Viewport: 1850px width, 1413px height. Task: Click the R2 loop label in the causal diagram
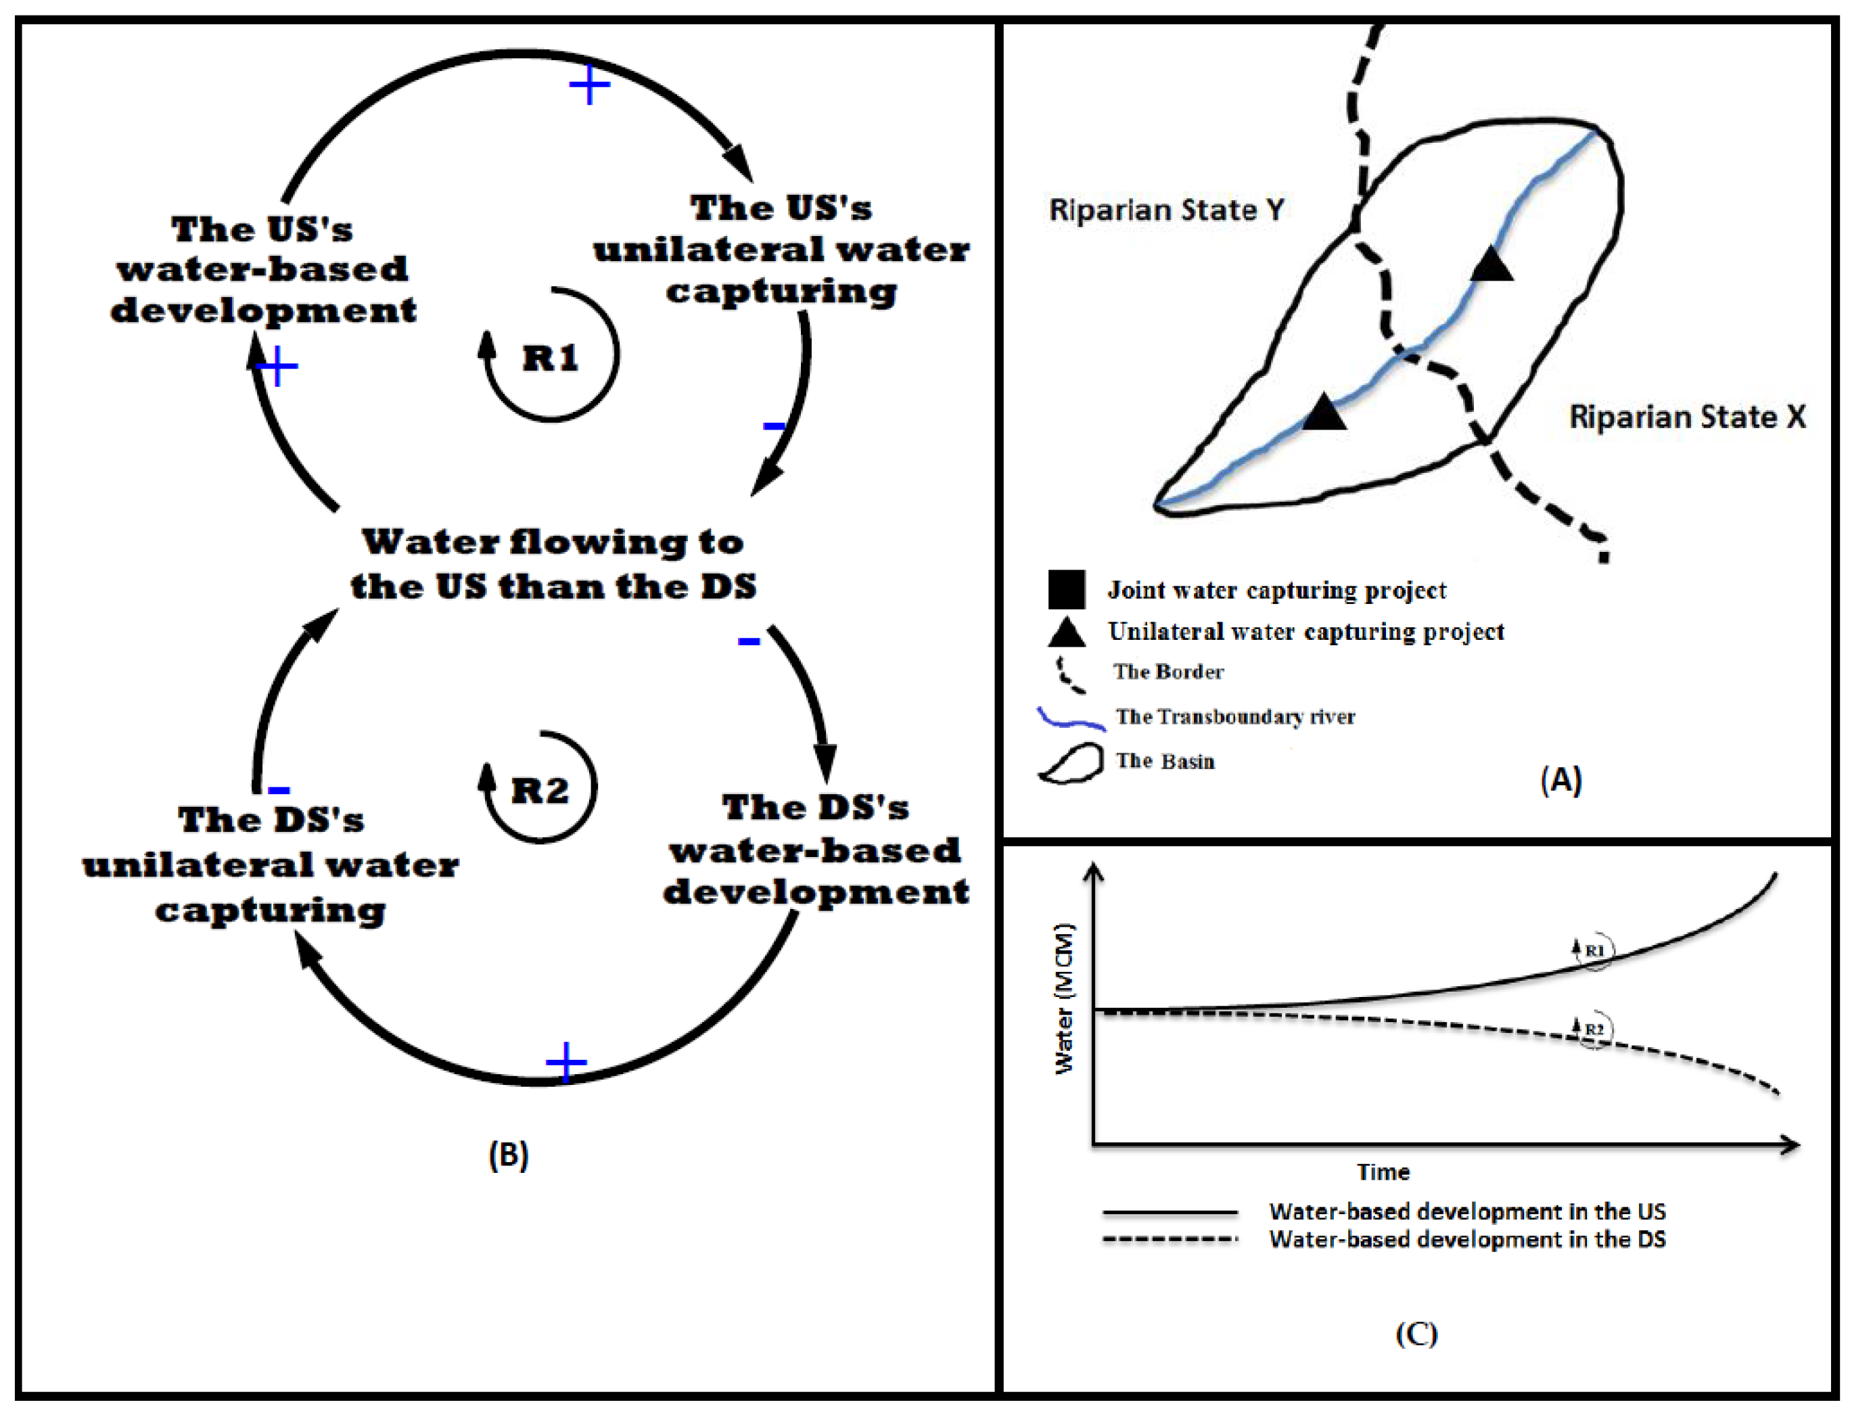[540, 791]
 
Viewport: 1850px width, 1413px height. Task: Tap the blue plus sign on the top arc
[589, 84]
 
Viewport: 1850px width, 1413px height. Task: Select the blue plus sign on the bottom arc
[566, 1062]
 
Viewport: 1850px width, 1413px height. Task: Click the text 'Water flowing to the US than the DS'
[553, 563]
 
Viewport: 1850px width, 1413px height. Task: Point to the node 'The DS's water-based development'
[815, 850]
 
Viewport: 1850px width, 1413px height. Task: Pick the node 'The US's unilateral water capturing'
[781, 249]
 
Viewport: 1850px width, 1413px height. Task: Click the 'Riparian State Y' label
[1166, 210]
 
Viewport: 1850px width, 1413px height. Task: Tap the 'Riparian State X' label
[1687, 417]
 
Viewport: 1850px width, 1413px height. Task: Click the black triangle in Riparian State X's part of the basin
[1491, 266]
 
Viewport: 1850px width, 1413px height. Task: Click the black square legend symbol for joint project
[1065, 588]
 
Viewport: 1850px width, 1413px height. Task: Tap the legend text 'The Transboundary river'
[1234, 716]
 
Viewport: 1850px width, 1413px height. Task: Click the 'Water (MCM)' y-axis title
[1064, 998]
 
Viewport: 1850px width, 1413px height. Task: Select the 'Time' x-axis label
[1383, 1172]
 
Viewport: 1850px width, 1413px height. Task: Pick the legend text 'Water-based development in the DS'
[1466, 1239]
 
